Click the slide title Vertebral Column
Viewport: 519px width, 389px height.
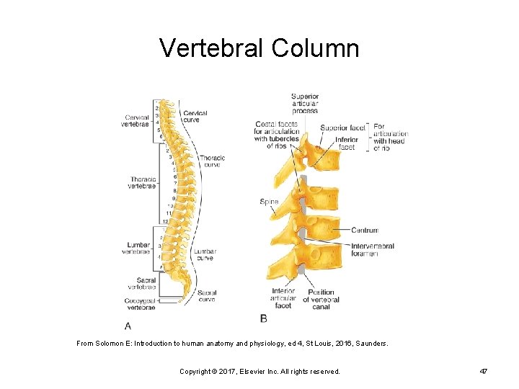pyautogui.click(x=259, y=48)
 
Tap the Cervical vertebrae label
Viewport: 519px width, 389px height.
pyautogui.click(x=137, y=121)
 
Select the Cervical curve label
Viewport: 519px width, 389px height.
pyautogui.click(x=195, y=117)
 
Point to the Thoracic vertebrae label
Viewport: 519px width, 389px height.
pyautogui.click(x=143, y=182)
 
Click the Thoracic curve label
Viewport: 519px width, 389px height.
pyautogui.click(x=212, y=161)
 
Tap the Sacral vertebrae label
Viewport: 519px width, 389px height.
pyautogui.click(x=142, y=284)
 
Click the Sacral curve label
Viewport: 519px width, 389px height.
pyautogui.click(x=207, y=296)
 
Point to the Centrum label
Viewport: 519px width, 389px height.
pyautogui.click(x=365, y=231)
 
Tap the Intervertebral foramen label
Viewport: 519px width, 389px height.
pyautogui.click(x=372, y=250)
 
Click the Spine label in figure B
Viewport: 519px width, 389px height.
pyautogui.click(x=269, y=202)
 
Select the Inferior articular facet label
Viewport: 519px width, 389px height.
pyautogui.click(x=283, y=298)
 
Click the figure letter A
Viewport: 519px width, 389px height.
pyautogui.click(x=128, y=325)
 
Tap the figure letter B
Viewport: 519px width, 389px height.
pyautogui.click(x=264, y=318)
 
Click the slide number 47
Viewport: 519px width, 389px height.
pyautogui.click(x=484, y=371)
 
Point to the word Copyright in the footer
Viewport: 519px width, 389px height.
pyautogui.click(x=196, y=371)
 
